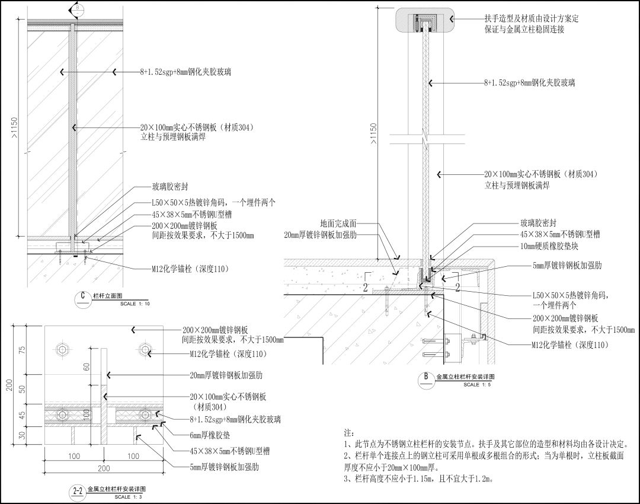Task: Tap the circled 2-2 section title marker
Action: (78, 492)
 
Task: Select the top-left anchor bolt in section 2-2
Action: (62, 349)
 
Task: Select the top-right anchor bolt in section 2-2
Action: (145, 349)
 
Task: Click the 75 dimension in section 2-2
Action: (23, 350)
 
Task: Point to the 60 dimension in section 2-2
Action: (87, 367)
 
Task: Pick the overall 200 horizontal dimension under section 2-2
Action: (104, 468)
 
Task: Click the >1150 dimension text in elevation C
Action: (14, 128)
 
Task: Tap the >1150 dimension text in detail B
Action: (373, 135)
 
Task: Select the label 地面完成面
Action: (338, 224)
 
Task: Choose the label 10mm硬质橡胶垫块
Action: (549, 246)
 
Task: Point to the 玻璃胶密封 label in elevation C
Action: (170, 187)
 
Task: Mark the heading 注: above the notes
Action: (349, 433)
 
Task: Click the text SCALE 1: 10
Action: (135, 304)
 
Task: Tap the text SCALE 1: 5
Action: (477, 385)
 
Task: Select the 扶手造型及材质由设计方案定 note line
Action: (532, 18)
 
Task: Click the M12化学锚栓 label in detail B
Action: (570, 345)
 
